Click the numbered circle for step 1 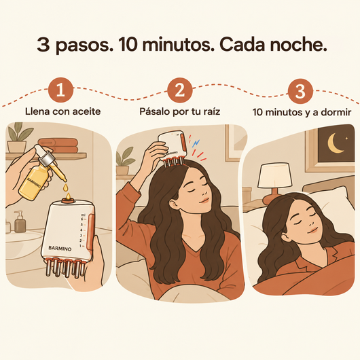pos(61,90)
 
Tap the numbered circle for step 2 pos(180,90)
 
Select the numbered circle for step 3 pos(300,91)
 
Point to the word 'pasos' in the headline pos(82,46)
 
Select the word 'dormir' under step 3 pos(336,112)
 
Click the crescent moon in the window pos(334,143)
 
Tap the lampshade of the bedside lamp pos(275,175)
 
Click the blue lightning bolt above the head pos(196,143)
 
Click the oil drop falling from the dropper pos(66,187)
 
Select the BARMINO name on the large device pos(60,248)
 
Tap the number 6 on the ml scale pos(82,219)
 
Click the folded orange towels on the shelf pos(58,146)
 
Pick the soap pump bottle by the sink pos(20,222)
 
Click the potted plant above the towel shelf pos(19,138)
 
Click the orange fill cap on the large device pos(68,201)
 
